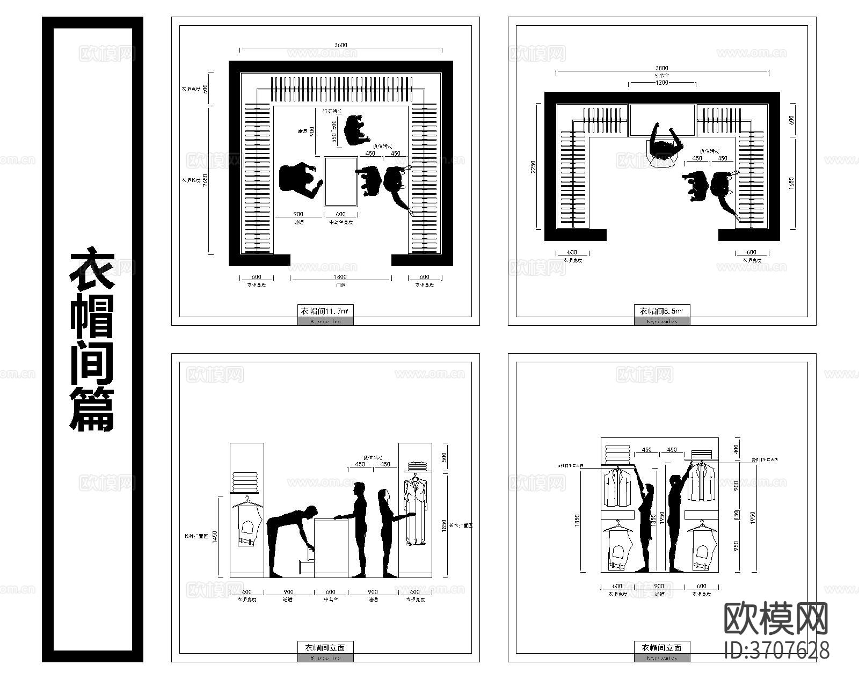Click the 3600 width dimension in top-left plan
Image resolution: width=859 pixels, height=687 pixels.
point(340,46)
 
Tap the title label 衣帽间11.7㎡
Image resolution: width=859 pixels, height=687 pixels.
point(325,311)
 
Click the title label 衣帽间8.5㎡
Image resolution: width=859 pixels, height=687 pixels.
point(661,311)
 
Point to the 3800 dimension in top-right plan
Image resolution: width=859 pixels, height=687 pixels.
point(662,68)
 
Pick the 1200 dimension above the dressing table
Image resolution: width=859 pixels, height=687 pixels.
point(661,83)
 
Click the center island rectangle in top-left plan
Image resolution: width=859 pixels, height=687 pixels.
point(340,181)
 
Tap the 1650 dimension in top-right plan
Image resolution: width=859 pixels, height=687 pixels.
point(791,182)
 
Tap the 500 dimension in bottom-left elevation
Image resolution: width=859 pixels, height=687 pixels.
point(444,457)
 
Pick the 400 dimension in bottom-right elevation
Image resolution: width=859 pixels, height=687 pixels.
point(737,449)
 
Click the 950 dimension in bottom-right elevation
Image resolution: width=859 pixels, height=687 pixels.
point(737,545)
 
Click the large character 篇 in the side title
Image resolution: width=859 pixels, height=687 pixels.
point(92,409)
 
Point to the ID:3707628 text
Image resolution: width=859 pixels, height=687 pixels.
point(776,650)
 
